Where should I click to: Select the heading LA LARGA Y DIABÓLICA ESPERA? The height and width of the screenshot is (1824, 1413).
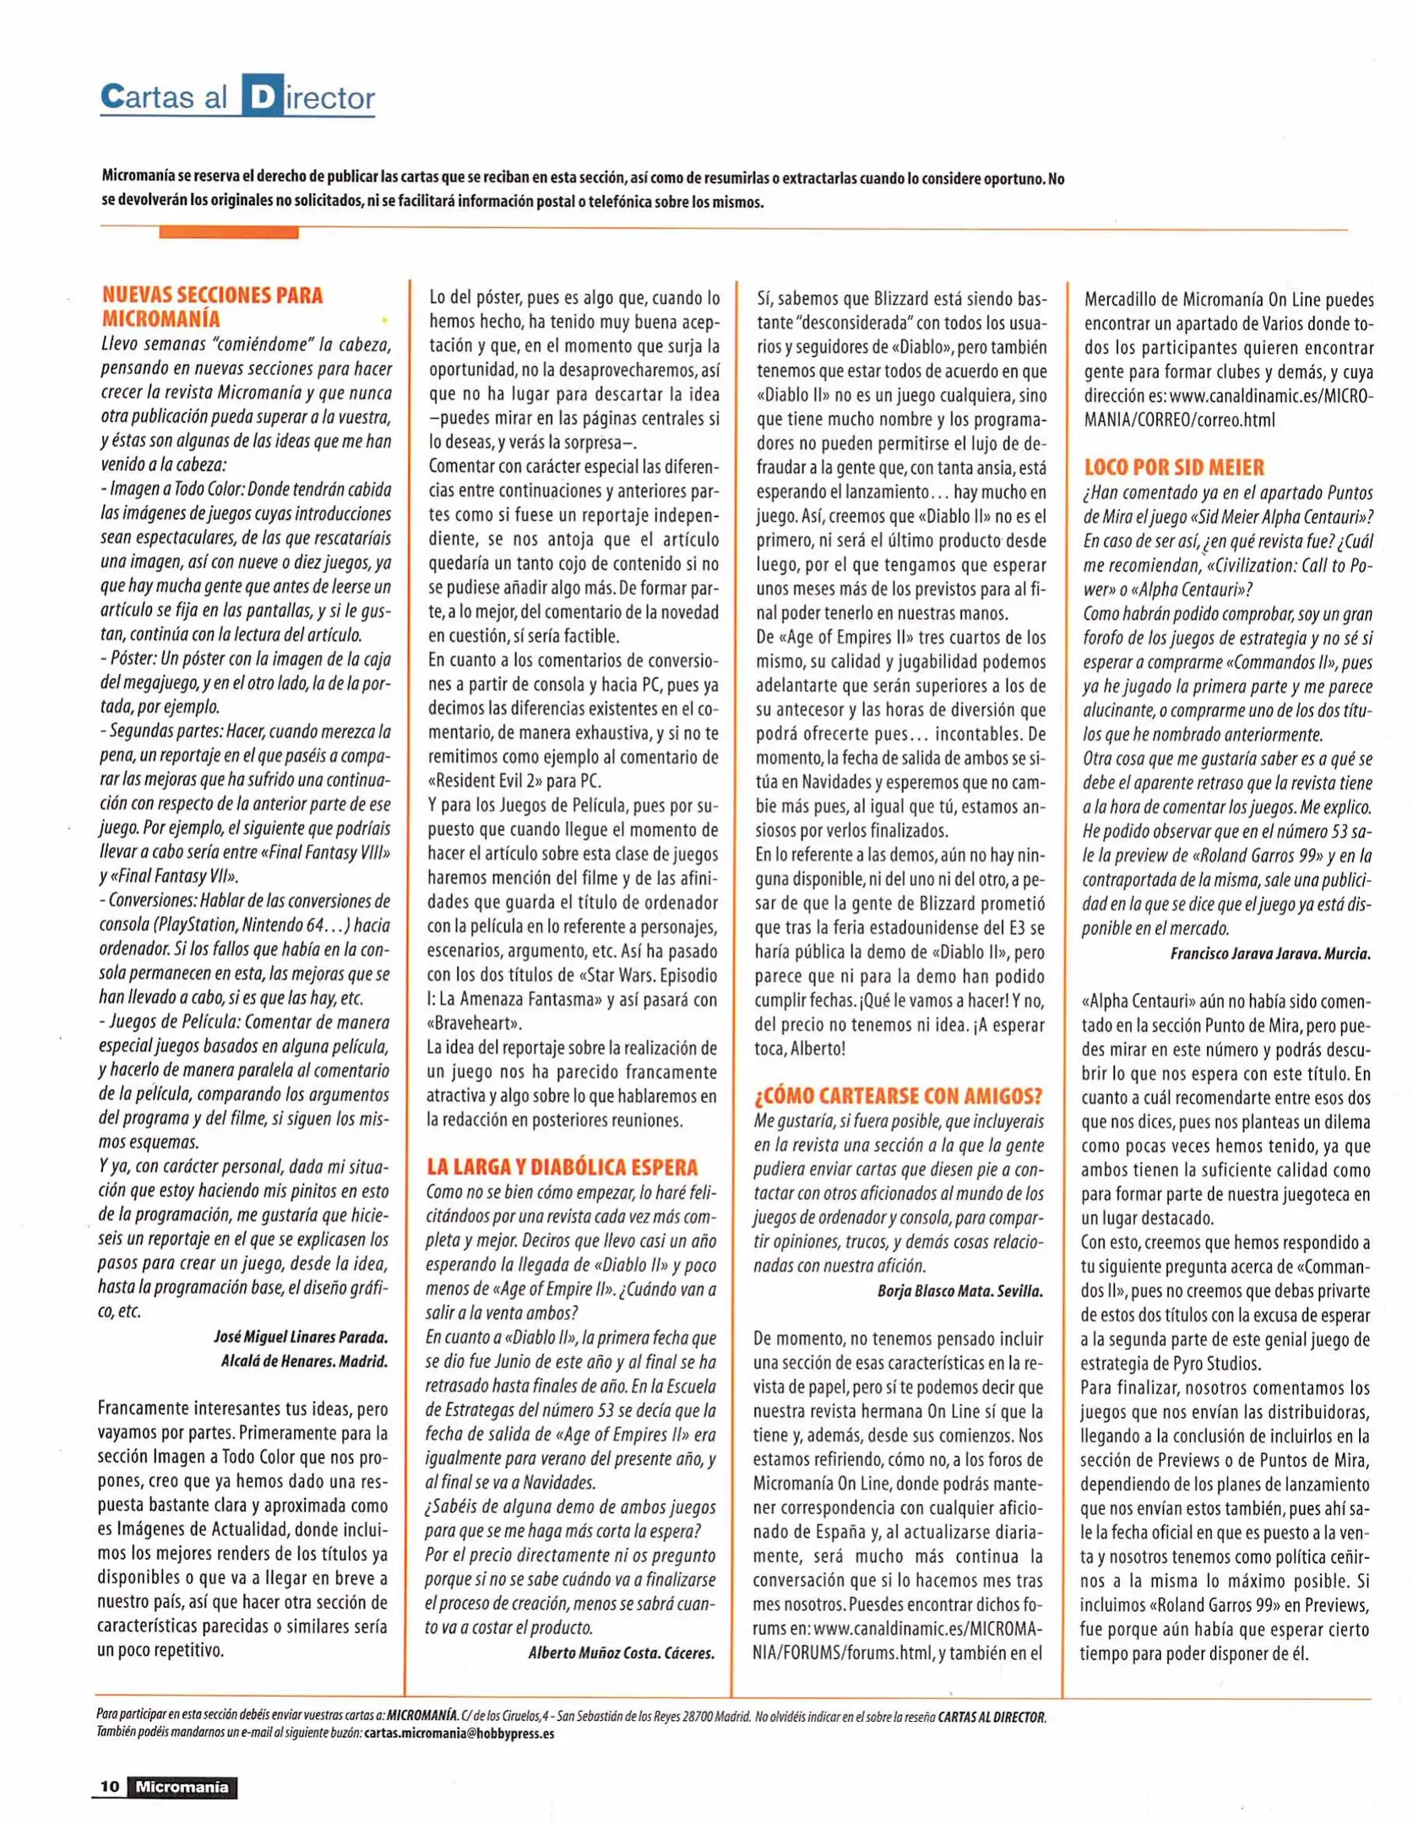562,1167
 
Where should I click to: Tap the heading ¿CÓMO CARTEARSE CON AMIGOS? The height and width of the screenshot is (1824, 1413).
898,1095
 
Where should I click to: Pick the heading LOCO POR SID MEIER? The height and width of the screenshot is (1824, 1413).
1174,467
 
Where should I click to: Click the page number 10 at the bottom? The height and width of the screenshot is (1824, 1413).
110,1786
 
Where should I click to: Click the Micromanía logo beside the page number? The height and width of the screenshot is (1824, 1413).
182,1786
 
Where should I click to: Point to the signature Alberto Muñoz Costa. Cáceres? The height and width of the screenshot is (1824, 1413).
621,1653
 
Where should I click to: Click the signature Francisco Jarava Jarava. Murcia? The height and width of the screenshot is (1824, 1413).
1269,953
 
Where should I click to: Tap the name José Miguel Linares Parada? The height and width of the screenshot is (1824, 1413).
301,1338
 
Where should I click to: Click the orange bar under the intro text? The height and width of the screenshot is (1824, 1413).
228,232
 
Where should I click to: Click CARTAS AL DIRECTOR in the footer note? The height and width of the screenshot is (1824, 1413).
992,1717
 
